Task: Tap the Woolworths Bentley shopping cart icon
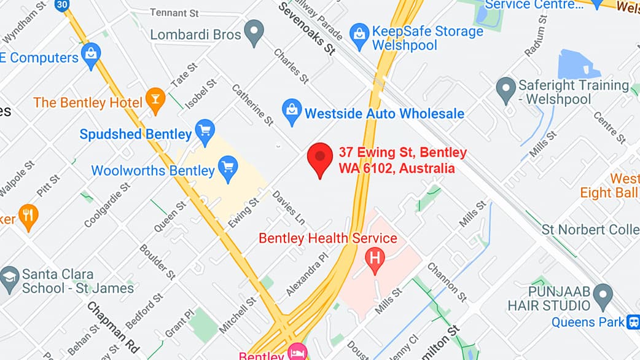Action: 228,168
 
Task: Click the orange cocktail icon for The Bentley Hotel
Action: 155,100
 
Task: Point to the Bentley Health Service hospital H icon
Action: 373,259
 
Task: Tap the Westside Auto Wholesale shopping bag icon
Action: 291,111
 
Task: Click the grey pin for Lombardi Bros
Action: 254,31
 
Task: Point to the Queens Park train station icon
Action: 633,321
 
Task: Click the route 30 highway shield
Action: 62,5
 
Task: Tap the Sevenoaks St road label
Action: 306,28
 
